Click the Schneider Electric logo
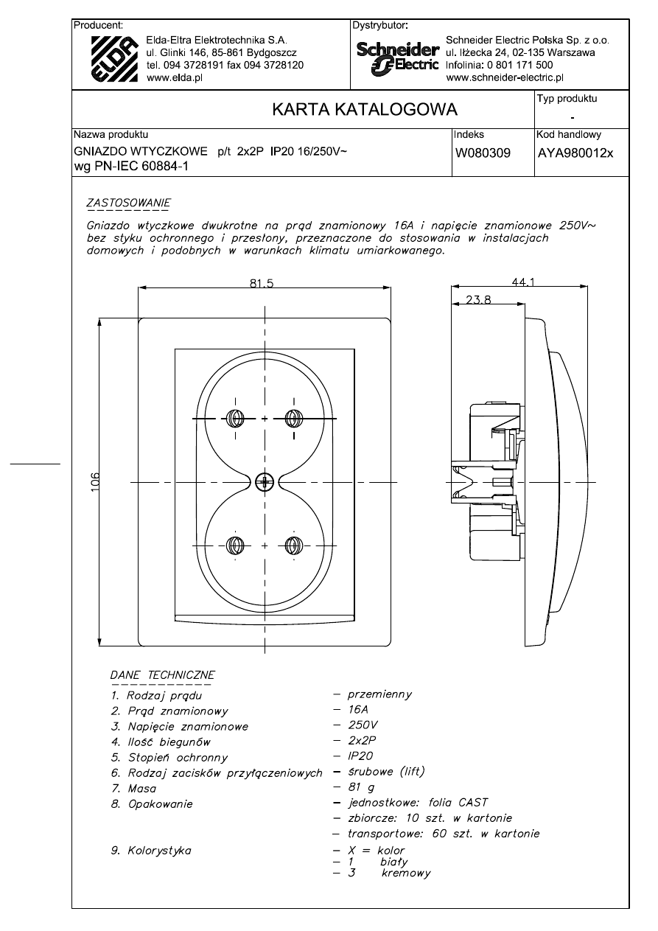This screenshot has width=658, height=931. (x=398, y=57)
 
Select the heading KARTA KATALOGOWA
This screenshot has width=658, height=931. (x=365, y=110)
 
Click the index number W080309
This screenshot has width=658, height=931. (x=483, y=153)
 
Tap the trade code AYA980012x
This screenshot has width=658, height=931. (x=575, y=153)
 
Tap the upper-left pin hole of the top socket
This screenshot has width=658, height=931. (x=236, y=418)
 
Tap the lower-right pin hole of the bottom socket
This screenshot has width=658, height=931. (x=293, y=546)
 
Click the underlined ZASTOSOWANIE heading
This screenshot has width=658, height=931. (x=128, y=201)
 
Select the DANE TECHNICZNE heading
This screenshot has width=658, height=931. (x=162, y=674)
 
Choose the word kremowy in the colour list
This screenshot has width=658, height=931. (x=406, y=874)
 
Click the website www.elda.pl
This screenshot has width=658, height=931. (x=175, y=78)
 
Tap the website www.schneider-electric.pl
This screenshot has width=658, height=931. (x=505, y=76)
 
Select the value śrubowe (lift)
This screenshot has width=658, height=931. (x=387, y=772)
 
